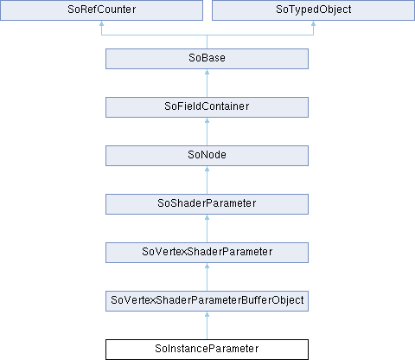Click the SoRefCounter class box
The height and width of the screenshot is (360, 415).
[101, 10]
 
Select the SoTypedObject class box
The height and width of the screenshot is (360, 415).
[313, 10]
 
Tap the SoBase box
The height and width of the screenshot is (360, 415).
[207, 59]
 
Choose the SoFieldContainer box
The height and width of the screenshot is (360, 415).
[207, 107]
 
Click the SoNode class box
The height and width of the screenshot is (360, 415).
[207, 156]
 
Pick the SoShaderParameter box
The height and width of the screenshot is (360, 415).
[207, 204]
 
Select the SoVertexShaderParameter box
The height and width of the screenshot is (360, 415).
[207, 253]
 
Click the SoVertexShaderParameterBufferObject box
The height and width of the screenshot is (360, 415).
[207, 301]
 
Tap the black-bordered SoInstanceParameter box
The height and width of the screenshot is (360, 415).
[207, 350]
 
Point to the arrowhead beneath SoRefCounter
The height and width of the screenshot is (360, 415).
[101, 23]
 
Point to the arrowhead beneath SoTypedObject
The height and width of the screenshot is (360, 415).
[313, 23]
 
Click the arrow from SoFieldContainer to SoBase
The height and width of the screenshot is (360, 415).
[207, 83]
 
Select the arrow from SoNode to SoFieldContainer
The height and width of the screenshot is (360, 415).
[207, 132]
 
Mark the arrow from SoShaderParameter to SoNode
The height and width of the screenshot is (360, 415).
[207, 180]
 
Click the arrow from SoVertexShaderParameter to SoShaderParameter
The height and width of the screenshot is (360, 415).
[207, 228]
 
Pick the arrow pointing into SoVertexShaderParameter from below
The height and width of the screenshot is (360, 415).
[207, 277]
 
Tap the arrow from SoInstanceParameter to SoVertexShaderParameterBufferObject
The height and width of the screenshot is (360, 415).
[207, 325]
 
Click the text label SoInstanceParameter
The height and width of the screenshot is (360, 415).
[207, 349]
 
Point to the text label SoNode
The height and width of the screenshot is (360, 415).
[207, 155]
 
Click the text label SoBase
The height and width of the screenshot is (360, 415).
[207, 58]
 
